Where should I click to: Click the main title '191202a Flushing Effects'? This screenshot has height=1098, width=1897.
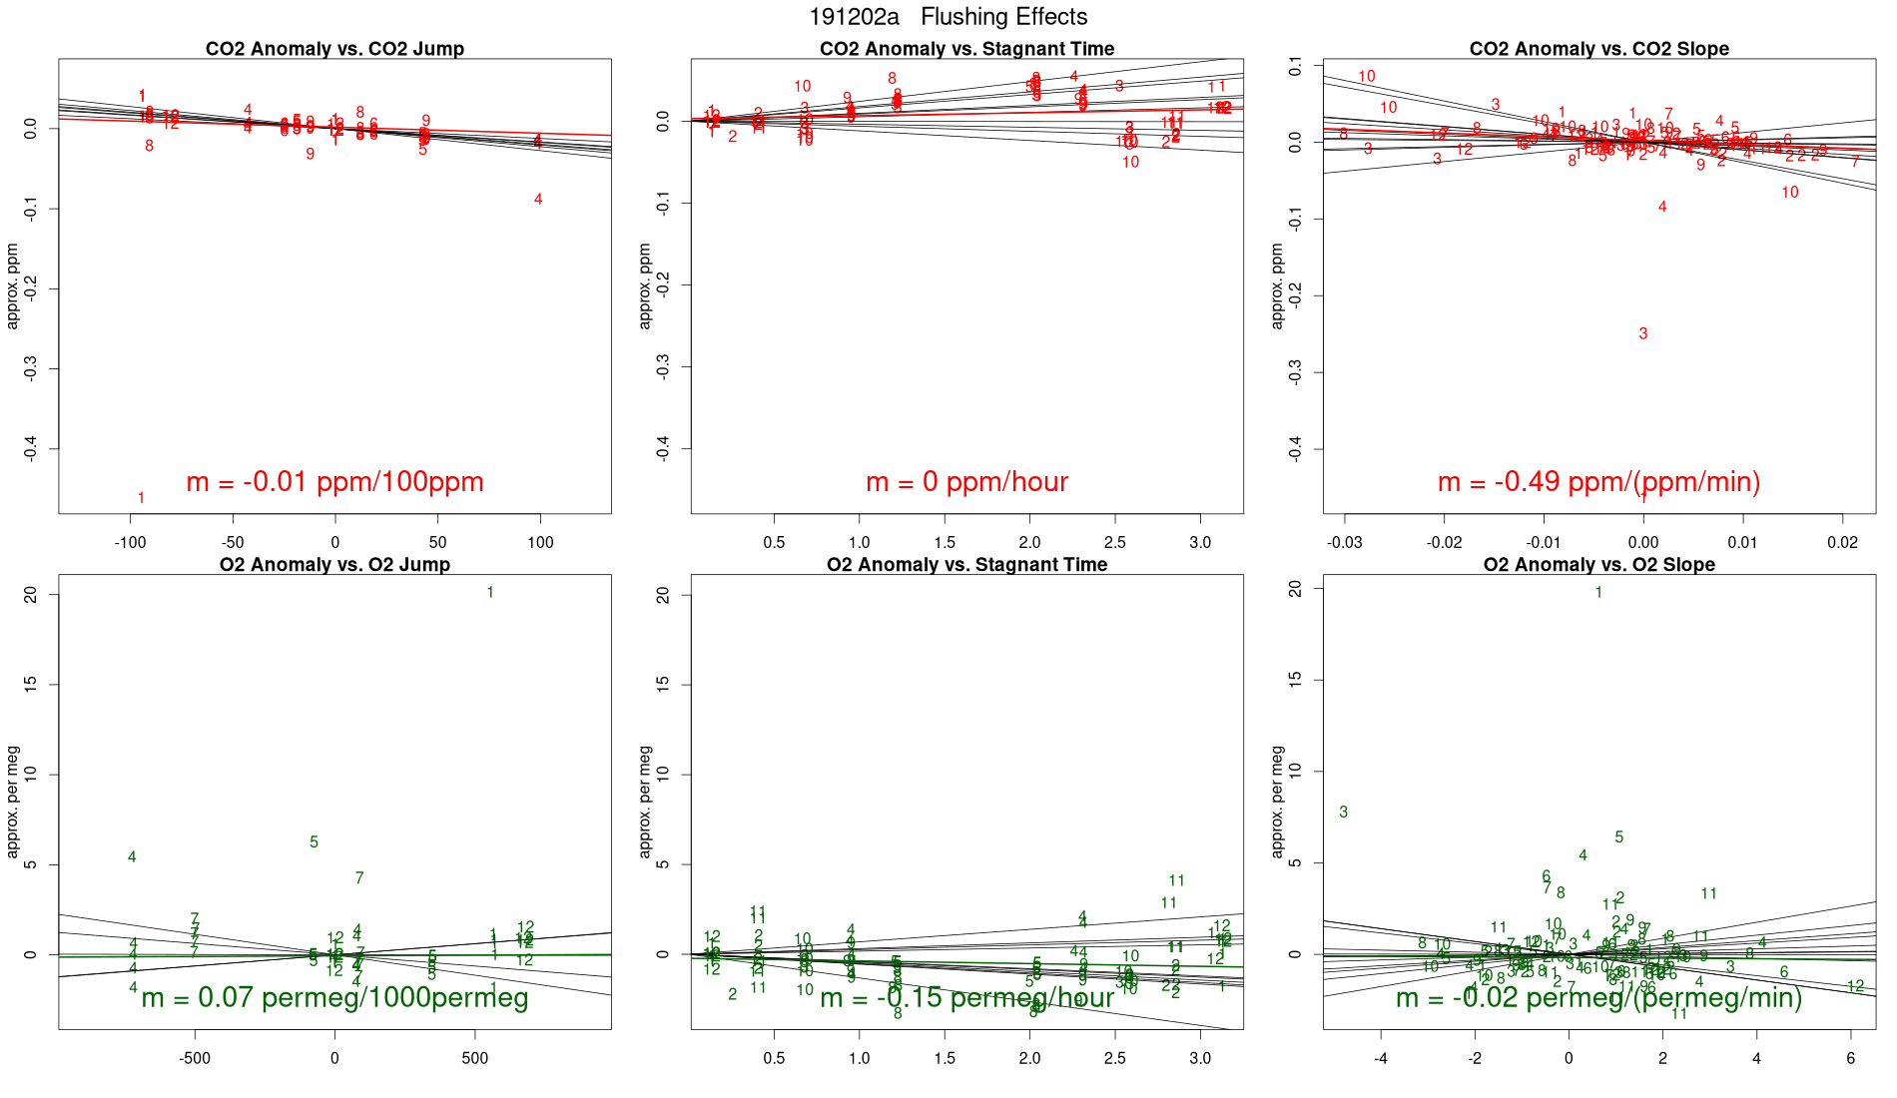coord(948,17)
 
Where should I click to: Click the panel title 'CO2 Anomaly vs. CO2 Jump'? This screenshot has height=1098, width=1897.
coord(334,49)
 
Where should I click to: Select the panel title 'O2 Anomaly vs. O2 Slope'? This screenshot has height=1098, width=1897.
coord(1598,565)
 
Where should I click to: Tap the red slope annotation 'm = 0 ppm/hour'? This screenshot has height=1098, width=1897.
coord(966,482)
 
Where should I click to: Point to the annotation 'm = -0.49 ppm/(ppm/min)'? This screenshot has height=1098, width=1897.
coord(1598,482)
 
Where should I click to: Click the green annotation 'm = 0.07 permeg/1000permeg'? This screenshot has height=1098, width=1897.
coord(334,997)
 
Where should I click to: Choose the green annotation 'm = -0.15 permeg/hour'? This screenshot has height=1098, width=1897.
coord(966,997)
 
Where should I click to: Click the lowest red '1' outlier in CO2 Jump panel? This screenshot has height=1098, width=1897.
coord(141,498)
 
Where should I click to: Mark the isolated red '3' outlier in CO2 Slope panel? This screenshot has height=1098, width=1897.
coord(1642,333)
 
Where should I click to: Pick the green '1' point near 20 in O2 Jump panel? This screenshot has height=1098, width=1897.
coord(490,593)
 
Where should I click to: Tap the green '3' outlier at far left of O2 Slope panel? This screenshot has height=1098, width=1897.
coord(1343,813)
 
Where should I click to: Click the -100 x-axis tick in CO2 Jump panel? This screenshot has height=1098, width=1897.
coord(130,543)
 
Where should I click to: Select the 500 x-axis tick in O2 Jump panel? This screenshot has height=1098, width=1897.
coord(475,1058)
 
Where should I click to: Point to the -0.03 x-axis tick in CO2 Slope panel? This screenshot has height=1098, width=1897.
coord(1344,543)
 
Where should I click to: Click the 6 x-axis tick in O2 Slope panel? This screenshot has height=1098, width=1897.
coord(1850,1058)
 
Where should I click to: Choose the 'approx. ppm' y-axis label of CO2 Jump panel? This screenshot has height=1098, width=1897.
coord(13,285)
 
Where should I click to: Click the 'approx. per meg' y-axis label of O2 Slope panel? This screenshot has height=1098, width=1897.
coord(1277,802)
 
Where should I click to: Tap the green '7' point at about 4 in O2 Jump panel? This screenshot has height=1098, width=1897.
coord(359,878)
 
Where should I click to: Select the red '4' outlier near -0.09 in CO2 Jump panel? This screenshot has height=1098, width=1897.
coord(538,200)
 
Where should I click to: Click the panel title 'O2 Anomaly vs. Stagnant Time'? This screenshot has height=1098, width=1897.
coord(966,565)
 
